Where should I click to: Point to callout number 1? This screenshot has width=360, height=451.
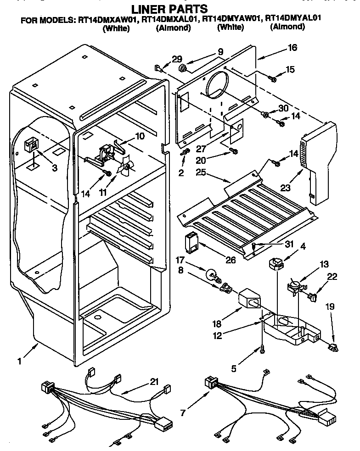pyautogui.click(x=19, y=362)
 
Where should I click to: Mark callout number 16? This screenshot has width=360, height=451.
pyautogui.click(x=292, y=47)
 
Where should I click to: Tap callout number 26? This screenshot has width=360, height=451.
pyautogui.click(x=231, y=260)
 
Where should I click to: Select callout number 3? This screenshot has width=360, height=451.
pyautogui.click(x=55, y=168)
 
